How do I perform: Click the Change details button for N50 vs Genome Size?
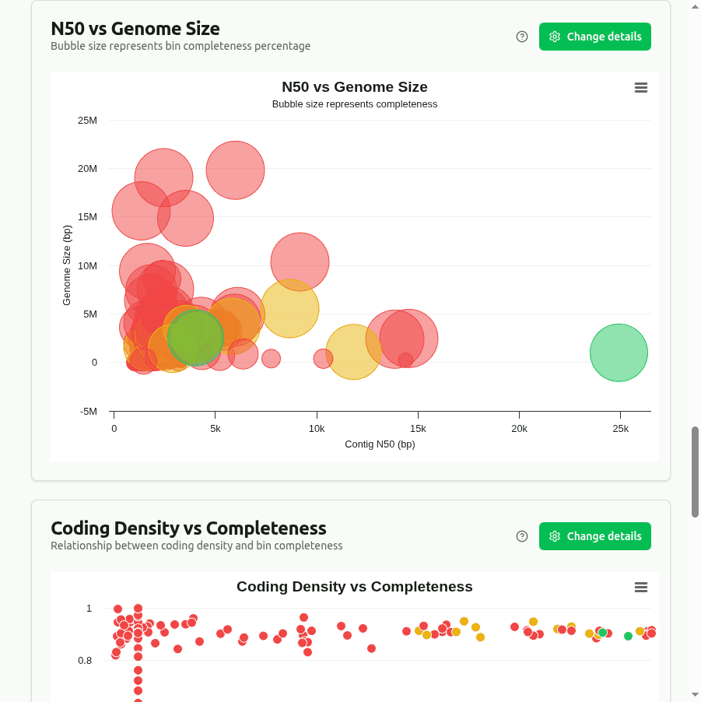(594, 37)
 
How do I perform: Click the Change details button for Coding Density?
(594, 536)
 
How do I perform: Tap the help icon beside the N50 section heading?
(522, 37)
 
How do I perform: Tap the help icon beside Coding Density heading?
(522, 536)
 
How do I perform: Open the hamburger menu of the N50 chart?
(641, 88)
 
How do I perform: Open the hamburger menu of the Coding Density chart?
(641, 588)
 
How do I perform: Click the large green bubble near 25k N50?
(619, 353)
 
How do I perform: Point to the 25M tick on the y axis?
(88, 121)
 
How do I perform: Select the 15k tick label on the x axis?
(418, 429)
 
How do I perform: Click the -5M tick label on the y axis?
(88, 412)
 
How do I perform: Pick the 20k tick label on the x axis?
(519, 429)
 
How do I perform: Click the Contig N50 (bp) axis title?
(380, 444)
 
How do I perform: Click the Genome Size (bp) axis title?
(67, 265)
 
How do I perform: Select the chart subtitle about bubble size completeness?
(354, 104)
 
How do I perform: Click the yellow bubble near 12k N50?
(353, 352)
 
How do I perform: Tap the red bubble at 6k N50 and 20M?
(235, 170)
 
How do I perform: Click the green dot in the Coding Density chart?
(628, 636)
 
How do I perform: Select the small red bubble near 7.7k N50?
(271, 358)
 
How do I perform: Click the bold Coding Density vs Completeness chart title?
(354, 587)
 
